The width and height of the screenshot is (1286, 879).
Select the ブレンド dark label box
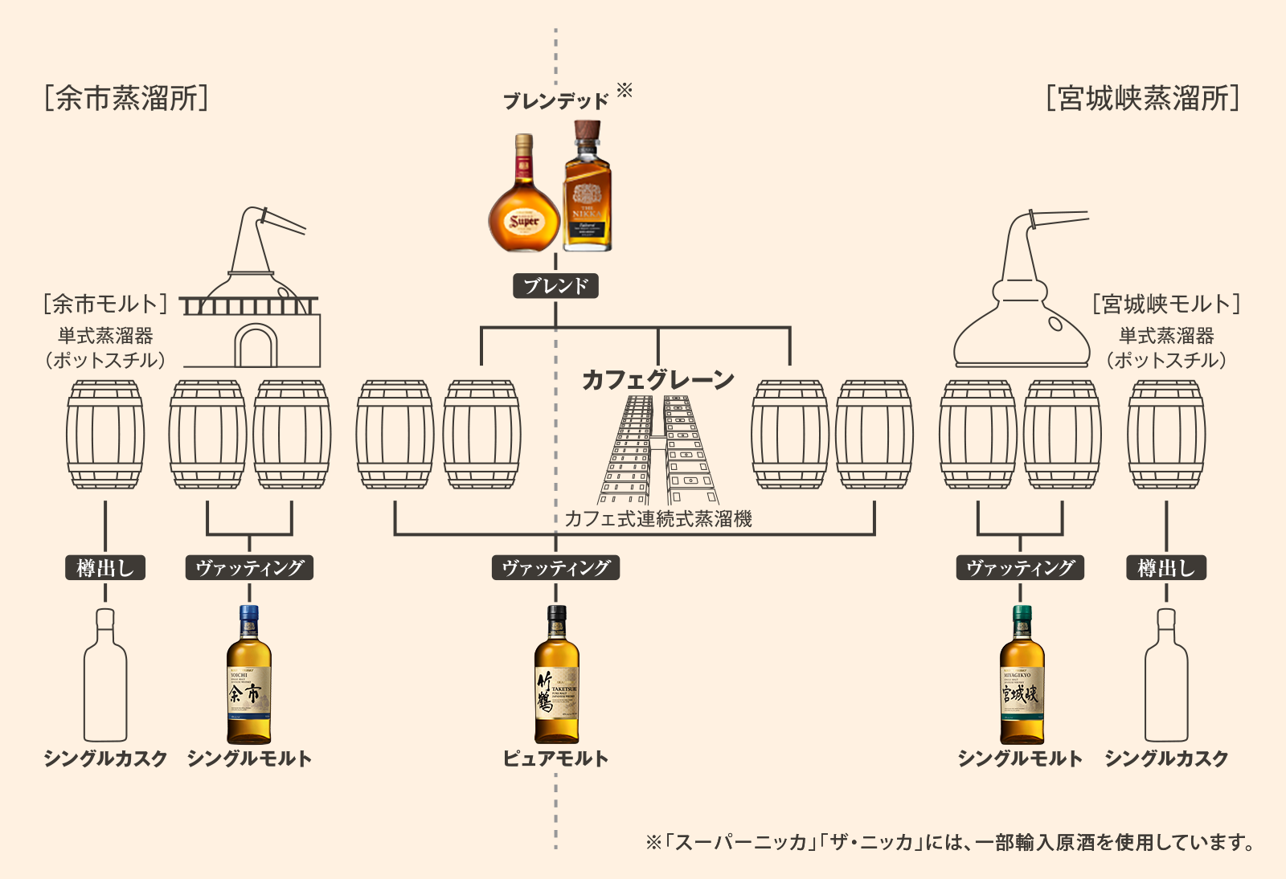555,286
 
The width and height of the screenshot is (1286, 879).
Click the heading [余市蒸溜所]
127,98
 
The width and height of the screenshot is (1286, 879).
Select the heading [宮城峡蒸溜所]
1143,98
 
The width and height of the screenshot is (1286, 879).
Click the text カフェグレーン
657,379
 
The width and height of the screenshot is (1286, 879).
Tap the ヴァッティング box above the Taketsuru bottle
555,568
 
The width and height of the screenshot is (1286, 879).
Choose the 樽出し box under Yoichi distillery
105,568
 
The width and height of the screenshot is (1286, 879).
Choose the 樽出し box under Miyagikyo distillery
1166,568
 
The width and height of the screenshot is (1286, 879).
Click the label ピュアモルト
555,758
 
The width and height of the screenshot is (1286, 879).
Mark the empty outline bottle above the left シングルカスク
105,675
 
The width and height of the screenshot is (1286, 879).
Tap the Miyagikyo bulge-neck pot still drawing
1022,297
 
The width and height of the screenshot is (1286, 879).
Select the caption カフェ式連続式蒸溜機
657,519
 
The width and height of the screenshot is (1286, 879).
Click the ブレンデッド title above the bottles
556,101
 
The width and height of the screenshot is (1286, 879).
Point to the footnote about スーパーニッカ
950,842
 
